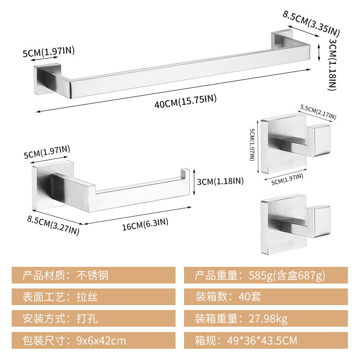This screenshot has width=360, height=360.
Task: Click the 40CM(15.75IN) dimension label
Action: [185, 101]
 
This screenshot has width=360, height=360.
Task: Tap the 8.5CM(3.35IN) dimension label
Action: [311, 23]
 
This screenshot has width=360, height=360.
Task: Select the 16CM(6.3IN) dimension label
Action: [145, 224]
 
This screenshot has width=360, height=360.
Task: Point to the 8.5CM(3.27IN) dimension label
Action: [53, 225]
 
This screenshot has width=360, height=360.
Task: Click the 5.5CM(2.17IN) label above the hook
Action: [318, 112]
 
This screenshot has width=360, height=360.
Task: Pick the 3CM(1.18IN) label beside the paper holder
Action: [220, 181]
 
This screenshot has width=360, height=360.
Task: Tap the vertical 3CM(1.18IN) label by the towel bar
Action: [333, 64]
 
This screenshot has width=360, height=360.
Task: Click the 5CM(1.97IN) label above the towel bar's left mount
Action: [49, 52]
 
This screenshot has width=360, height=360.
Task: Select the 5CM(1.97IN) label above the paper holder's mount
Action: [47, 152]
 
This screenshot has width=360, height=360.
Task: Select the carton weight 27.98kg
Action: [268, 319]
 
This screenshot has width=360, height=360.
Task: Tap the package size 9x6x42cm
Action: [101, 341]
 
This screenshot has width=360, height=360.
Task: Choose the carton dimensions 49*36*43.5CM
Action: [262, 341]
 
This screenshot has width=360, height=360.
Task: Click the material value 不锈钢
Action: [92, 275]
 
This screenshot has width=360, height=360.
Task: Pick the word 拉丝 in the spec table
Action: [87, 297]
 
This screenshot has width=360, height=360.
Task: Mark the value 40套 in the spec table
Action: [250, 297]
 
